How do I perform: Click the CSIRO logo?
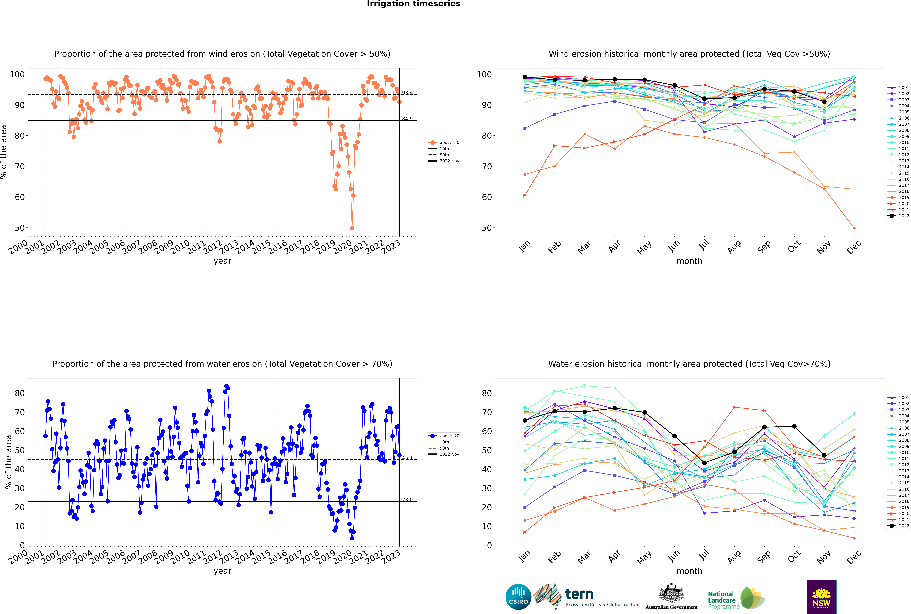(518, 597)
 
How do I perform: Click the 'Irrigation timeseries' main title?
(414, 4)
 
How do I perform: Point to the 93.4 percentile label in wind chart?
(407, 93)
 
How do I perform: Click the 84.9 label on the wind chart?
(407, 119)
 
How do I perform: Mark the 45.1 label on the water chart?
(407, 458)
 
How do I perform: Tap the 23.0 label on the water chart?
(407, 500)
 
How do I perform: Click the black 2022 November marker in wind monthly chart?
(824, 102)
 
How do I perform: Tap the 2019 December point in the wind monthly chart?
(854, 228)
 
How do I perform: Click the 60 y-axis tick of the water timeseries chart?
(20, 431)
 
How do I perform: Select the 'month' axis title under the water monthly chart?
(689, 571)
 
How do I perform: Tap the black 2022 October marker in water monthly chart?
(794, 426)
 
